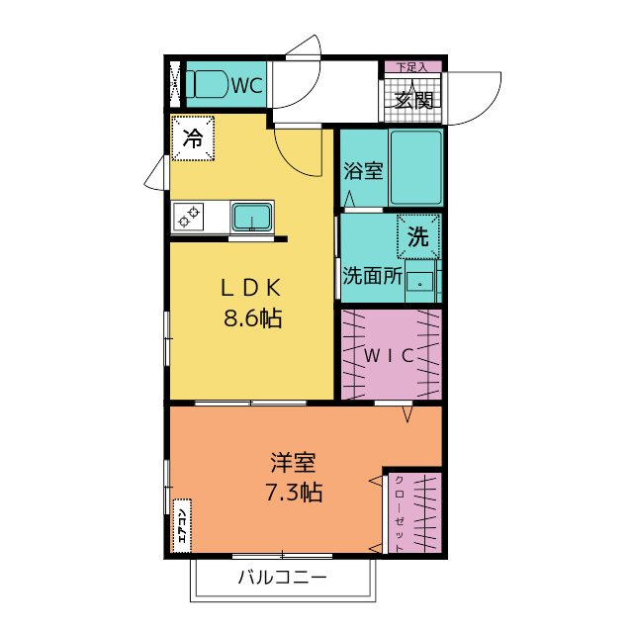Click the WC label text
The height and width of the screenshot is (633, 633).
(247, 85)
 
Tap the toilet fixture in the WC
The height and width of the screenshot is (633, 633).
(207, 84)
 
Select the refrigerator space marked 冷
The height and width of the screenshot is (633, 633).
(193, 138)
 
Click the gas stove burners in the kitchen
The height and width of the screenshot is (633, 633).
(189, 217)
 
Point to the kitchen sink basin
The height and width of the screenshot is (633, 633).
(252, 217)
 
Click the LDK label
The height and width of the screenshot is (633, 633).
(250, 288)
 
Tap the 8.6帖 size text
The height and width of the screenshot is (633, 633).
(253, 318)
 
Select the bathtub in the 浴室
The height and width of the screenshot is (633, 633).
(415, 167)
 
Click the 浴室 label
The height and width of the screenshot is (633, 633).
(363, 171)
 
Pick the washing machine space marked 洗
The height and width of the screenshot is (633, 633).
(418, 236)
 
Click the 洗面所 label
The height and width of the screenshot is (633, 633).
(372, 276)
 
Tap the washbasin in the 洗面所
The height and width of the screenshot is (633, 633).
(419, 281)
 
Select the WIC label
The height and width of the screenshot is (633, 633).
(389, 356)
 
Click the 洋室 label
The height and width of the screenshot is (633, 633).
(294, 463)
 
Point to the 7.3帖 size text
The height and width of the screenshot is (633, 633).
(294, 493)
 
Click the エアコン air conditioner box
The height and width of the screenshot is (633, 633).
(182, 526)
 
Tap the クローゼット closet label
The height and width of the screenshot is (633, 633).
(399, 514)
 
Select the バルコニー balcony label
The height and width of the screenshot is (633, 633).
(282, 578)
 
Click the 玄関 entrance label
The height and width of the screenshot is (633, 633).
(413, 100)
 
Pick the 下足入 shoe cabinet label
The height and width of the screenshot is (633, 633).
(411, 67)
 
